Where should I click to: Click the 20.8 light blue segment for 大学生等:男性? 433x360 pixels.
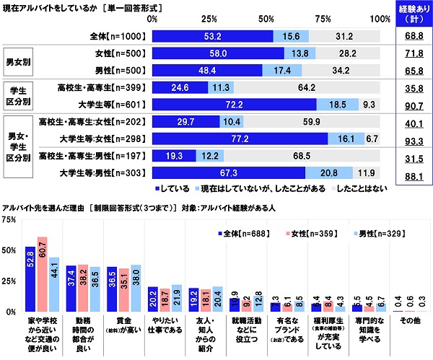tap(329, 172)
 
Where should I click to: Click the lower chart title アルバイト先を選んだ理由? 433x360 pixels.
tap(43, 207)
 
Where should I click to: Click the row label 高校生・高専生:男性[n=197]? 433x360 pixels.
tap(101, 155)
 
